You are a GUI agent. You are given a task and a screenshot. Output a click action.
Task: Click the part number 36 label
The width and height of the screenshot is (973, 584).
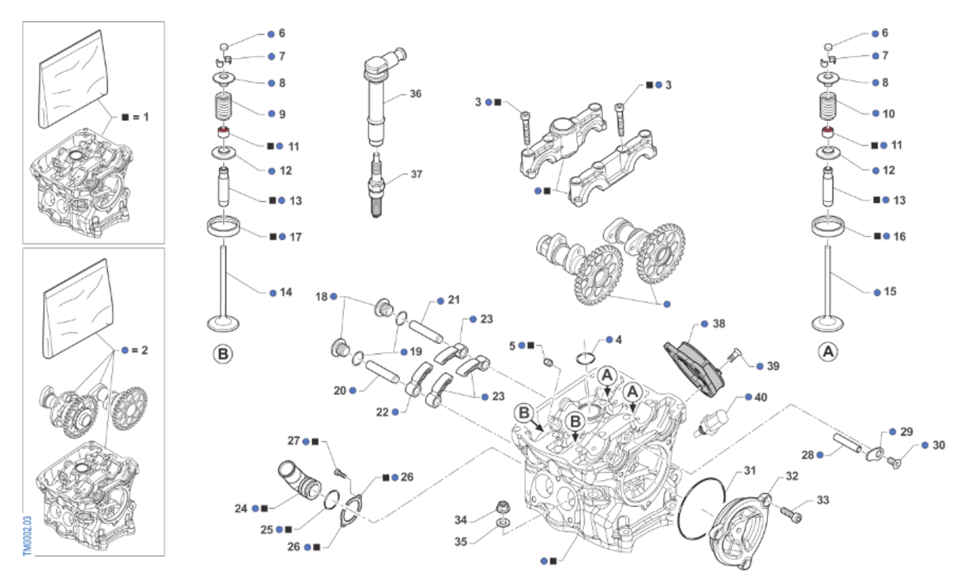(416, 94)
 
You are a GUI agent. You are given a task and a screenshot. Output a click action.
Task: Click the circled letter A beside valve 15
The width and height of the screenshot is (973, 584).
(827, 354)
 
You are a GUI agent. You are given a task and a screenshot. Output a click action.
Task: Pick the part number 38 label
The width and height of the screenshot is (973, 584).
(719, 323)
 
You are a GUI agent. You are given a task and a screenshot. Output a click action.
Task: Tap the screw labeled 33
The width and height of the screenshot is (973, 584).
(791, 511)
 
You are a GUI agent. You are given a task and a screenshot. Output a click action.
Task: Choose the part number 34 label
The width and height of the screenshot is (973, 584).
(461, 519)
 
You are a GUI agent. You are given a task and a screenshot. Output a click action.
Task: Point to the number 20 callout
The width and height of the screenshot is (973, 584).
(340, 390)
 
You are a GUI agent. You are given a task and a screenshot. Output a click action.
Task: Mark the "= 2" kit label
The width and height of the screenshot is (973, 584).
(140, 350)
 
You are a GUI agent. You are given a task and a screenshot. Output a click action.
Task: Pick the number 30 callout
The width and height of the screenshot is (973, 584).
(939, 445)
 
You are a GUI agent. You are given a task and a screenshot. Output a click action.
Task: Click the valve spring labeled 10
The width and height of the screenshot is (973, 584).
(827, 109)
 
